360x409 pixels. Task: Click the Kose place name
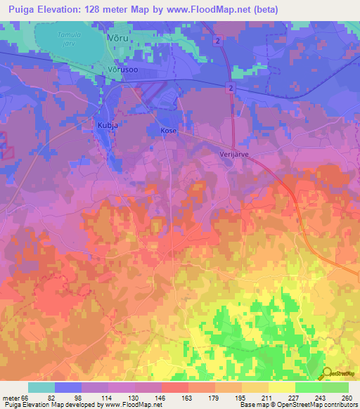point(166,131)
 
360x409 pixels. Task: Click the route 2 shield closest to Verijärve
point(231,86)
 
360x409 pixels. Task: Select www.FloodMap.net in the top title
point(213,9)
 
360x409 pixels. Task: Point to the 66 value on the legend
point(27,397)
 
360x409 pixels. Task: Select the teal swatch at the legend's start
point(41,387)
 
